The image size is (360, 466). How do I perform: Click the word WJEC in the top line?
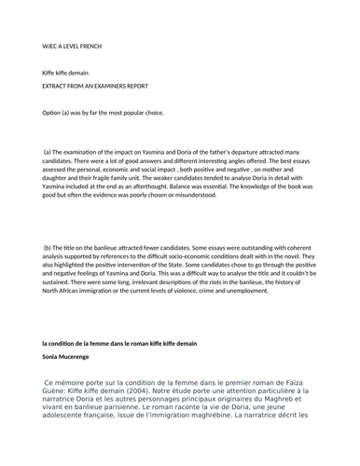click(x=51, y=44)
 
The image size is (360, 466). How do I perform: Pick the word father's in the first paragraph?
click(x=216, y=150)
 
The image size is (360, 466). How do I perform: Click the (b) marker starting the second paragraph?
click(x=48, y=247)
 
